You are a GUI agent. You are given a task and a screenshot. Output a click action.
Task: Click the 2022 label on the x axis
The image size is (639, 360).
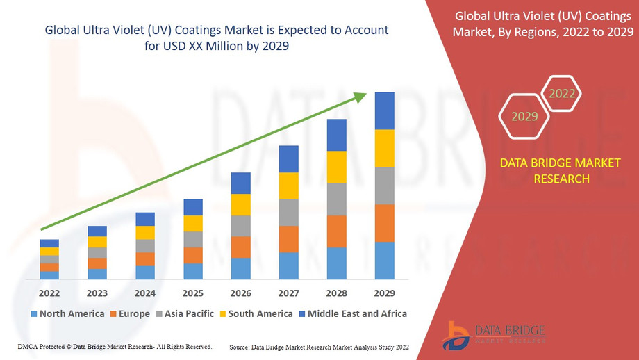point(49,293)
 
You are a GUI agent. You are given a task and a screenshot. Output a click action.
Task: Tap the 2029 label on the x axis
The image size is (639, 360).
point(384,293)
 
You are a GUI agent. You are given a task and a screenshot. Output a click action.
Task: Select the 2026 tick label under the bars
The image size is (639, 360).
point(240,293)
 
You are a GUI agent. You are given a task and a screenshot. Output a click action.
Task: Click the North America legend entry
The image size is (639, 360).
point(67,313)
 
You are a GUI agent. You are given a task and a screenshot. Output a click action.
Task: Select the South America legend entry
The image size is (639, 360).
point(256,313)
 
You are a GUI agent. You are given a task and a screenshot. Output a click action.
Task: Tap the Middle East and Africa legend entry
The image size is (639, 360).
point(353,313)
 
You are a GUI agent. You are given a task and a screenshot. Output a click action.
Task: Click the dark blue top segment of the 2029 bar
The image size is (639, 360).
point(384,111)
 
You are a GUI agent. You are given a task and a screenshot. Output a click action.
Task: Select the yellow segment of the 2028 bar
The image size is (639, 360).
point(336,167)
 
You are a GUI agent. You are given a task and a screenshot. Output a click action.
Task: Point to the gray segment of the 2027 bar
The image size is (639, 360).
point(288,212)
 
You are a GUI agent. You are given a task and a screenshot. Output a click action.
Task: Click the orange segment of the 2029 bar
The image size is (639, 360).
point(384,223)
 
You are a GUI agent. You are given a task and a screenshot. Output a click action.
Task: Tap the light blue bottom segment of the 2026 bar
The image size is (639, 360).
point(240,268)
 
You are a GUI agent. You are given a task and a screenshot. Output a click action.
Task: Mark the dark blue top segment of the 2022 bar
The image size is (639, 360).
point(49,243)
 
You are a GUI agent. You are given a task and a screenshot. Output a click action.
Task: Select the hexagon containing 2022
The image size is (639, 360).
point(561,93)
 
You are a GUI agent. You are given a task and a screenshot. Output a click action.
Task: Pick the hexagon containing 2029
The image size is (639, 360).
point(524,116)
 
